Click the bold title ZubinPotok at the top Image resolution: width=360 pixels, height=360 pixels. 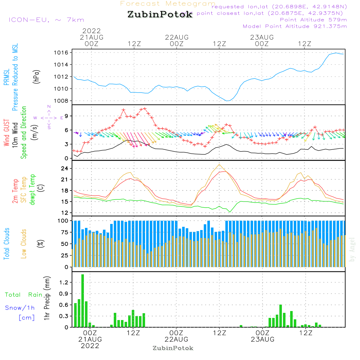pyautogui.click(x=160, y=15)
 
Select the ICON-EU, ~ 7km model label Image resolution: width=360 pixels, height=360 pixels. pyautogui.click(x=46, y=20)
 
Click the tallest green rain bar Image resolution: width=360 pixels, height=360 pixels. pyautogui.click(x=83, y=301)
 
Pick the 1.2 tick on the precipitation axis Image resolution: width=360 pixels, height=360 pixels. pyautogui.click(x=63, y=283)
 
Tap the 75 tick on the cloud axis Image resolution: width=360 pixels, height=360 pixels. pyautogui.click(x=65, y=232)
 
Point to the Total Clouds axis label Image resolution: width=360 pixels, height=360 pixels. pyautogui.click(x=6, y=244)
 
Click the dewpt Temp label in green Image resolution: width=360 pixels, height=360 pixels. pyautogui.click(x=32, y=190)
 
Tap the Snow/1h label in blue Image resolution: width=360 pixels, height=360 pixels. pyautogui.click(x=20, y=308)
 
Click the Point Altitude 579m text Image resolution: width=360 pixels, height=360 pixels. pyautogui.click(x=313, y=19)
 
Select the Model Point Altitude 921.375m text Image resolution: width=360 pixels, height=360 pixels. pyautogui.click(x=295, y=26)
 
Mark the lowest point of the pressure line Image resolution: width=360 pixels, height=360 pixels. pyautogui.click(x=227, y=101)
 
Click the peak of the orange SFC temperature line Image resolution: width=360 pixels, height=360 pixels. pyautogui.click(x=219, y=164)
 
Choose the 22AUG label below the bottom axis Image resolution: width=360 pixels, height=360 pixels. pyautogui.click(x=176, y=339)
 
